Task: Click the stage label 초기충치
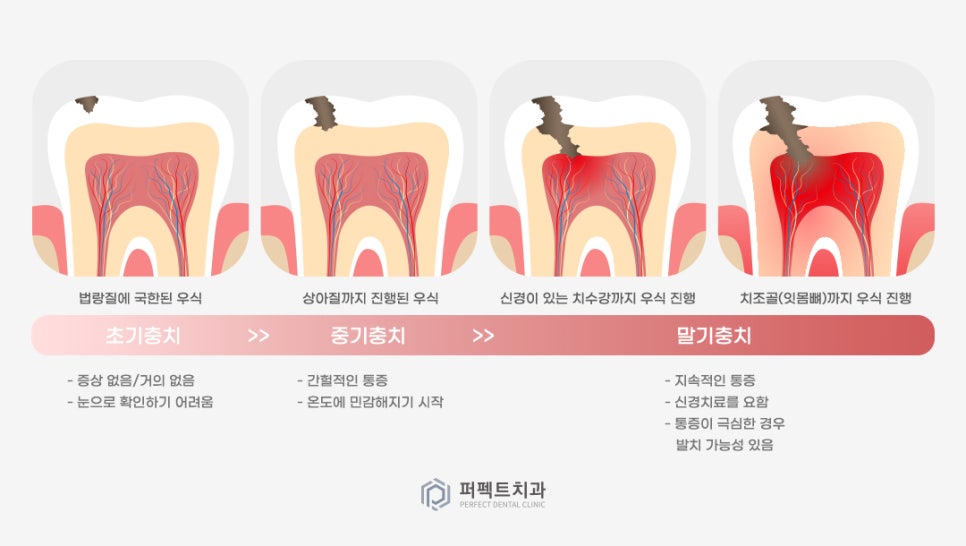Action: (142, 335)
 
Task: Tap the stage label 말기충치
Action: (713, 335)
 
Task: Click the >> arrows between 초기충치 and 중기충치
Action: (258, 335)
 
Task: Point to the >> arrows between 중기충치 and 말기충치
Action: (483, 335)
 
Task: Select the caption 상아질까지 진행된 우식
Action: (370, 298)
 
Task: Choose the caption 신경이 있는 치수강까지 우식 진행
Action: (597, 298)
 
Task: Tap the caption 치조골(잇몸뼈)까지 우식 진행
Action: (826, 298)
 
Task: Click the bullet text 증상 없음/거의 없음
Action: (130, 380)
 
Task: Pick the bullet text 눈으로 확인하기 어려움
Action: (140, 402)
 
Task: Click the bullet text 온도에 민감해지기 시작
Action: (370, 402)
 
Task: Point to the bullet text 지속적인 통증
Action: (717, 380)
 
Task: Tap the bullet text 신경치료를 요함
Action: (717, 402)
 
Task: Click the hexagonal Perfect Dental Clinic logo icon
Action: (435, 494)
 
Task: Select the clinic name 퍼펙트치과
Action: (502, 490)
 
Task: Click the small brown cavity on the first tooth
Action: (88, 103)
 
